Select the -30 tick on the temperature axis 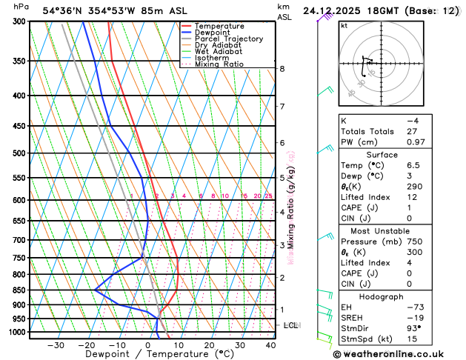(56, 345)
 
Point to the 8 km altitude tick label (282, 69)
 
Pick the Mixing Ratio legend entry (219, 64)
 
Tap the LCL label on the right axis (291, 325)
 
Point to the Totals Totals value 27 (412, 131)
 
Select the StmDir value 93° (413, 328)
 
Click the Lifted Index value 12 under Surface (411, 198)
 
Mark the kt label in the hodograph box (344, 25)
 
